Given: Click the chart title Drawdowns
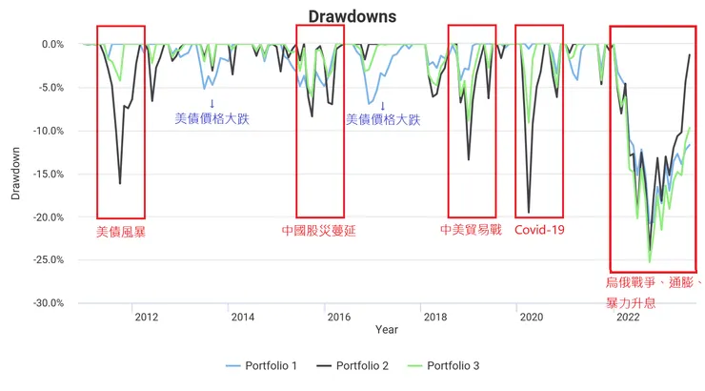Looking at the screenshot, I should [x=352, y=16].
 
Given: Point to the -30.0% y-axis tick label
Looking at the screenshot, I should [x=46, y=303].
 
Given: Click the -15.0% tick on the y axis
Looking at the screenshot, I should [x=46, y=174].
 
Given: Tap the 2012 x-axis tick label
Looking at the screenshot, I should [x=147, y=317].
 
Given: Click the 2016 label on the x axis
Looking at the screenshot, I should [x=338, y=317].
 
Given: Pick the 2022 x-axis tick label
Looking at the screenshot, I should [x=627, y=317].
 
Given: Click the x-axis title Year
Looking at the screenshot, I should [x=387, y=330].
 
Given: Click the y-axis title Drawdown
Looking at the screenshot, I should [x=15, y=173].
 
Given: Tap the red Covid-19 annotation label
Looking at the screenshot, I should [x=539, y=230].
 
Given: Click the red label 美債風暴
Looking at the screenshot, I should [x=121, y=231].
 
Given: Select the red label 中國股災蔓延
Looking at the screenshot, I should [x=319, y=231].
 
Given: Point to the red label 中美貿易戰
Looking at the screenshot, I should [x=471, y=230].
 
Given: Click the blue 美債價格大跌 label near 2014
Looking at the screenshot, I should [x=211, y=119].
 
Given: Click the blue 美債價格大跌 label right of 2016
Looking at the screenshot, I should [x=382, y=119].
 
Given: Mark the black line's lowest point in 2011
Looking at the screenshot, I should [x=120, y=183].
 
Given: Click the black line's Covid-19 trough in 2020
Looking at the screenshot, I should [x=529, y=213].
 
